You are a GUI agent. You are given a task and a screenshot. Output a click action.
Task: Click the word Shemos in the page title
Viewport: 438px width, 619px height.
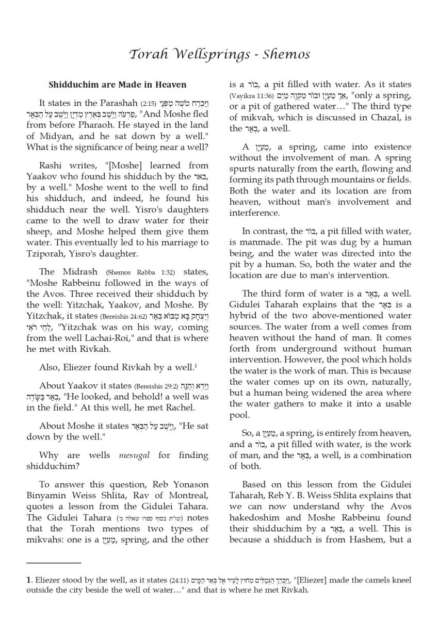click(285, 54)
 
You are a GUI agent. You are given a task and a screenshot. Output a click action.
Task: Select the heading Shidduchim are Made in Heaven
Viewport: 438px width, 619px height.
click(118, 85)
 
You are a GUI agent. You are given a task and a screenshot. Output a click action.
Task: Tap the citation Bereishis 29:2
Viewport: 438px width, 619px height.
click(156, 386)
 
